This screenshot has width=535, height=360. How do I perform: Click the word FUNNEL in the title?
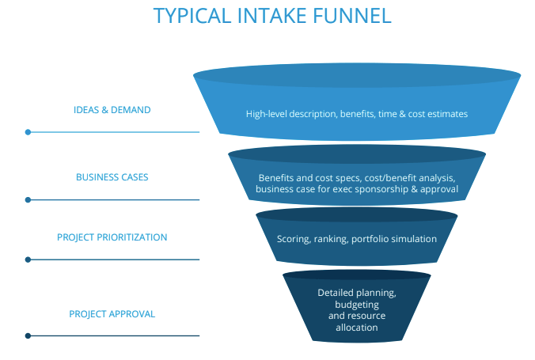(x=351, y=16)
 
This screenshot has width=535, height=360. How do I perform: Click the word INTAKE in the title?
(x=271, y=16)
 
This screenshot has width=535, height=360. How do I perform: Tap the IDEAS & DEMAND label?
(x=112, y=110)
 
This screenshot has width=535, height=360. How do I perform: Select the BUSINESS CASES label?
(x=112, y=177)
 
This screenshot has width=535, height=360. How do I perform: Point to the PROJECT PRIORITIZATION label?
(x=112, y=237)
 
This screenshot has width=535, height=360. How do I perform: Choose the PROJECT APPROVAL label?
(x=112, y=314)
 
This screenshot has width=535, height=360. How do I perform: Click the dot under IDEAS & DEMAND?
(x=28, y=132)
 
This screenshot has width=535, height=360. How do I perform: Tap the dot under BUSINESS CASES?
(x=28, y=199)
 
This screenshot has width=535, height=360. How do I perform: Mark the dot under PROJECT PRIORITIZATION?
(x=28, y=260)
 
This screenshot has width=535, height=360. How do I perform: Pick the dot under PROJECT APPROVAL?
(x=28, y=335)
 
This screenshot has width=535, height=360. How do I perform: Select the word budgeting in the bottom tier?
(x=357, y=305)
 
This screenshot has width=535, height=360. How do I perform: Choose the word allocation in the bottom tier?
(x=357, y=328)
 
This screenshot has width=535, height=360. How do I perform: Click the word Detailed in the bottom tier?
(x=331, y=293)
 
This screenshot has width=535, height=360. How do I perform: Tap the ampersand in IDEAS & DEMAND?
(x=104, y=110)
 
